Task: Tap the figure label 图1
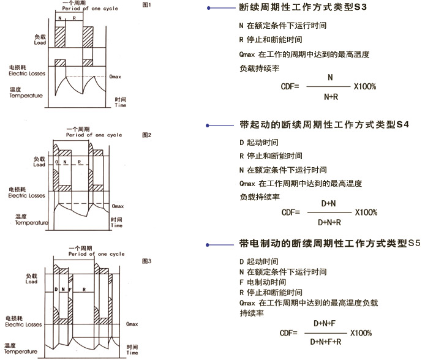146,5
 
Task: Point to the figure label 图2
146,133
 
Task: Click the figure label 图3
146,261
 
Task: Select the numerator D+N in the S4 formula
329,202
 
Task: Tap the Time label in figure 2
116,225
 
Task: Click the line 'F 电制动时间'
263,282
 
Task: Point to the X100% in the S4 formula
366,212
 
